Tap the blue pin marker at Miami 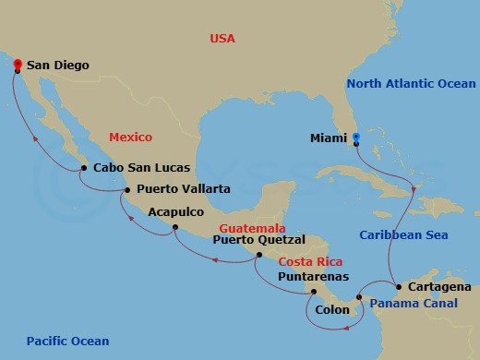pos(355,139)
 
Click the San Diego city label pos(57,66)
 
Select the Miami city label pos(329,140)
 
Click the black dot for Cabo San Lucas pos(84,168)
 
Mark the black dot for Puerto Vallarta pos(127,190)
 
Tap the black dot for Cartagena pos(398,287)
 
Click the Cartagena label pos(438,287)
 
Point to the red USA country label pos(222,39)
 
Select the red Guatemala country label pos(252,227)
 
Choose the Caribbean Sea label pos(404,235)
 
